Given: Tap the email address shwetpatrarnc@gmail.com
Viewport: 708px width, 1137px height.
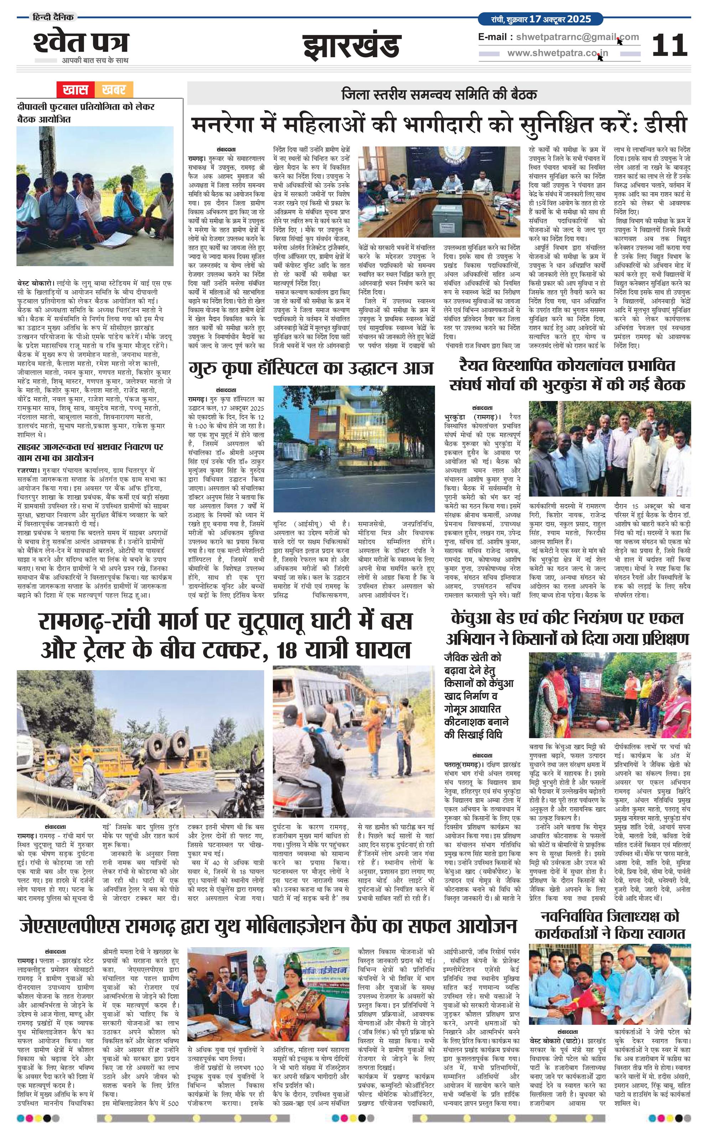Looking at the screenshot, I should [577, 37].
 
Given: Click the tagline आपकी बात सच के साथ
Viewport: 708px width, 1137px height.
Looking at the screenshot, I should [95, 61].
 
